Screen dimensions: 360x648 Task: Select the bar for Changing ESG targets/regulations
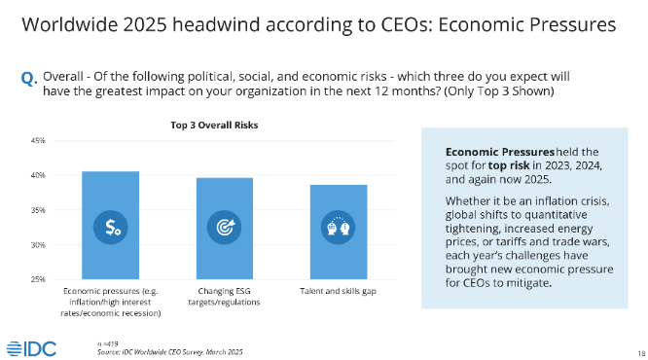coord(225,229)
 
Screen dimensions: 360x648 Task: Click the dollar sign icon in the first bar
coord(109,228)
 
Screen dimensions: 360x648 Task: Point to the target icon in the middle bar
coord(225,228)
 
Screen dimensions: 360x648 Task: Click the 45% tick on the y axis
coord(38,141)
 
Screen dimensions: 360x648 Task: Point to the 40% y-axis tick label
coord(38,176)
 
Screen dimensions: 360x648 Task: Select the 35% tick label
coord(38,210)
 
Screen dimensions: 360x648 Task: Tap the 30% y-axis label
coord(38,245)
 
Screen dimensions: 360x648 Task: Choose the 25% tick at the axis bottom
coord(38,279)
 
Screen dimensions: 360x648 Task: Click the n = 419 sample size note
coord(106,343)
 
